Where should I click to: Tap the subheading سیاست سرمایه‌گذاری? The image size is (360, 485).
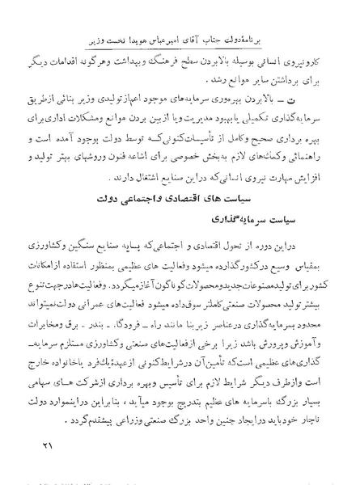265,241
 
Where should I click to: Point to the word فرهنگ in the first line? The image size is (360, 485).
204,62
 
